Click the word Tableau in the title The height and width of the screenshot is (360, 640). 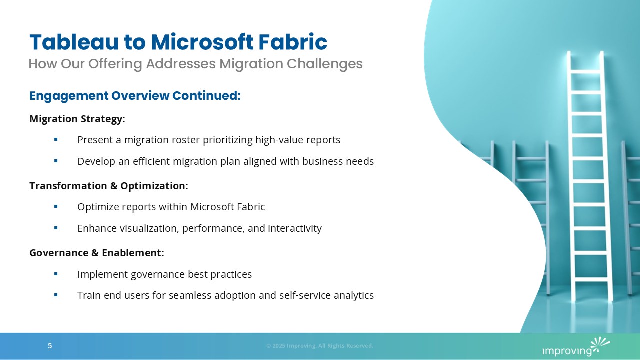point(74,42)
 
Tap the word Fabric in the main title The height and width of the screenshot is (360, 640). point(293,42)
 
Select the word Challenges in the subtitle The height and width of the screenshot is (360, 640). point(325,64)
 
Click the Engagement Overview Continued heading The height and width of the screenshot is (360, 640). point(135,96)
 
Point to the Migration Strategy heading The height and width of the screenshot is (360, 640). point(77,119)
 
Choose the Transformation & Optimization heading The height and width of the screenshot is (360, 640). point(109,186)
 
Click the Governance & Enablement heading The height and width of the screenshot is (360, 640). point(97,253)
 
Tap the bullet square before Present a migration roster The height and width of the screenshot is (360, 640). point(56,139)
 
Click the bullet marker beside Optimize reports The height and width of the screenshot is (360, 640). point(56,206)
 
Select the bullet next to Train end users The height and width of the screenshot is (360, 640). point(56,295)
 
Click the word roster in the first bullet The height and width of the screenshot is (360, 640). point(186,140)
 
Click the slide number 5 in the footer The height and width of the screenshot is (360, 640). point(50,346)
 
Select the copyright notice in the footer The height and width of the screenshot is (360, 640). point(320,346)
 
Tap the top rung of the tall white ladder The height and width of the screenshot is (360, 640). point(585,71)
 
